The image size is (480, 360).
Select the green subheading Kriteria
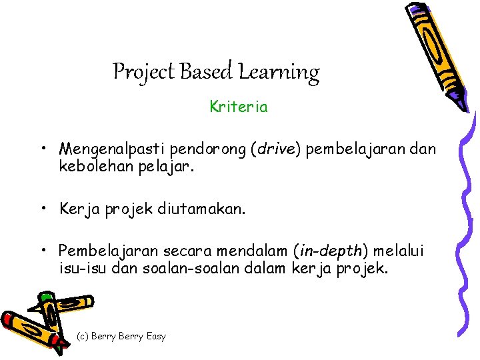click(239, 107)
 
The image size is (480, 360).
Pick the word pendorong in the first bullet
click(200, 148)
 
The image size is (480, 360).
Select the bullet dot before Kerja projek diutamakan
click(42, 209)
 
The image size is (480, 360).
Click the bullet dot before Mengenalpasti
click(42, 148)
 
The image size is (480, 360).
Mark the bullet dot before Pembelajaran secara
click(42, 251)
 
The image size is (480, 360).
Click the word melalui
click(399, 251)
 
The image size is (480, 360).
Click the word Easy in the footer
click(155, 336)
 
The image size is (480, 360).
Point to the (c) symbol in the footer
click(83, 336)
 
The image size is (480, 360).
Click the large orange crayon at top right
click(433, 53)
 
